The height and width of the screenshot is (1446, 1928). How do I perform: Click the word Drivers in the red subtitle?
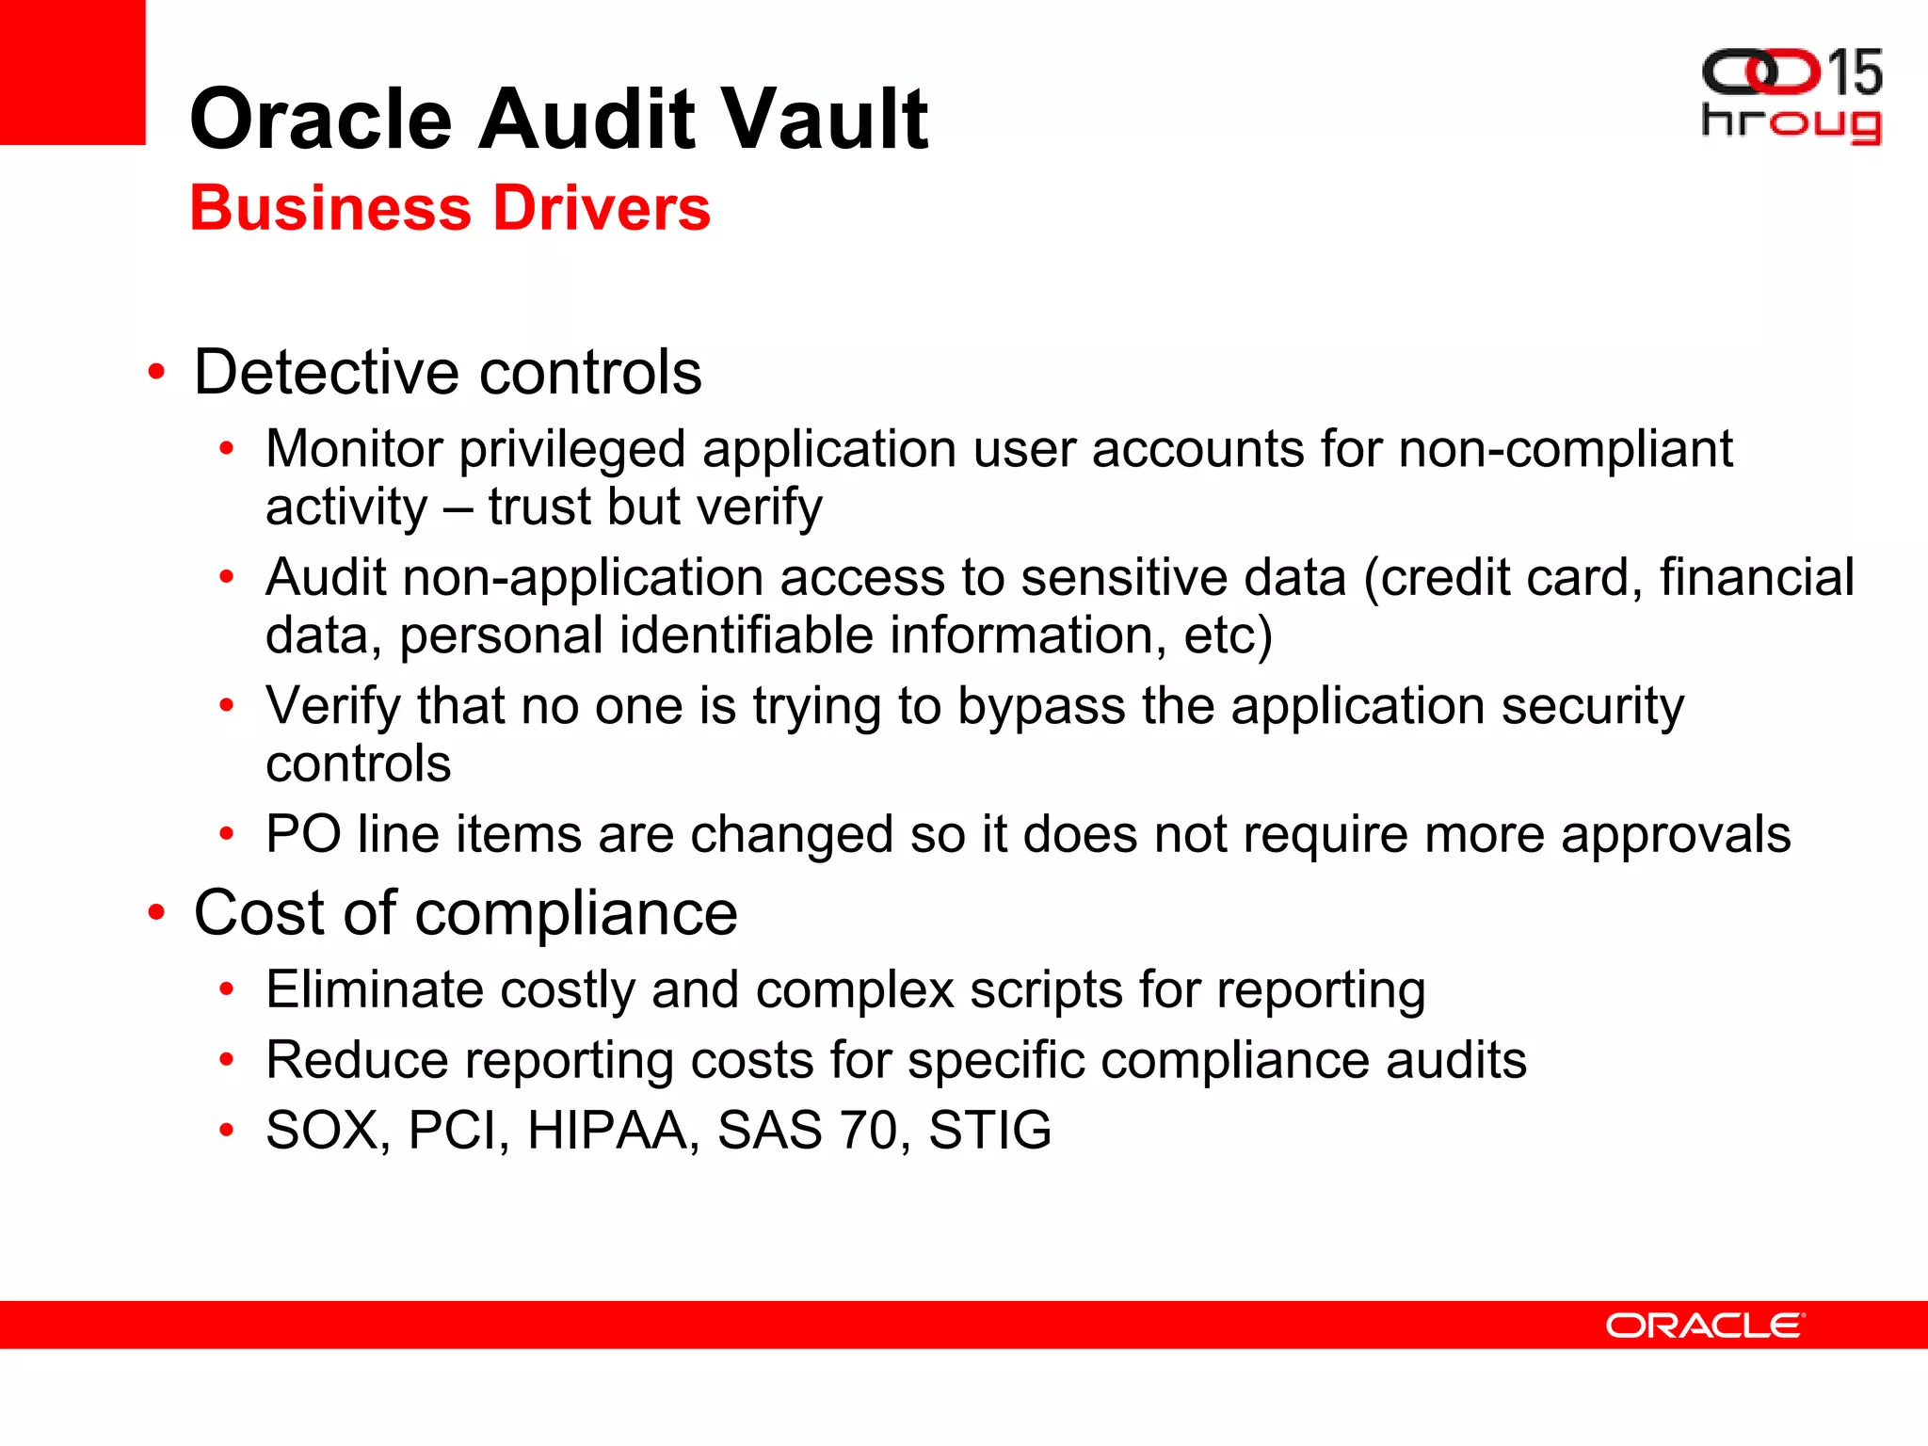(x=602, y=208)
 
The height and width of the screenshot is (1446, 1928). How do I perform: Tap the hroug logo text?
(x=1791, y=123)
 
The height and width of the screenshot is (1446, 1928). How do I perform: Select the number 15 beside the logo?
(x=1854, y=72)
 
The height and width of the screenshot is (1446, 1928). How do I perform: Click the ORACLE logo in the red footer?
(x=1705, y=1325)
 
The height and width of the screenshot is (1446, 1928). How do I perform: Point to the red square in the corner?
(x=72, y=72)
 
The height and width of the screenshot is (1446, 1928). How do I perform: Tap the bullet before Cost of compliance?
(x=156, y=912)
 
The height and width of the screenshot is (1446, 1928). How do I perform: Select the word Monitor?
(x=354, y=448)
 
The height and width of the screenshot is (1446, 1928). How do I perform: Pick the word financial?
(x=1757, y=577)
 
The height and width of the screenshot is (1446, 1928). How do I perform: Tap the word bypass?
(x=1041, y=706)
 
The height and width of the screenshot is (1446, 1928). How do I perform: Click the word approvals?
(x=1676, y=836)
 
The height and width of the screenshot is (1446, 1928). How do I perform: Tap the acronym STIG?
(x=989, y=1130)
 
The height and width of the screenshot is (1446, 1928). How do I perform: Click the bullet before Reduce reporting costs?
(x=226, y=1060)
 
